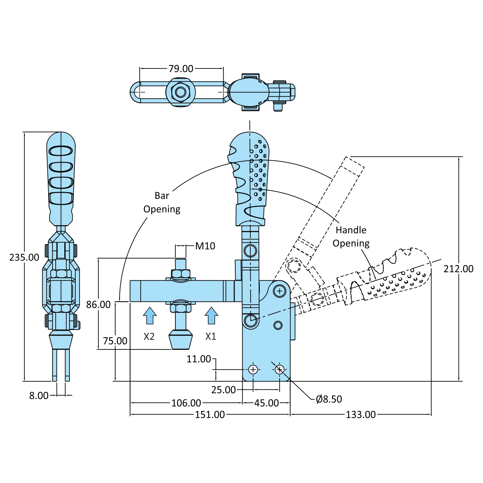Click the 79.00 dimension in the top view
tap(181, 69)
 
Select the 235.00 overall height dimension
tap(24, 257)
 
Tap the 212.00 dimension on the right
tap(458, 269)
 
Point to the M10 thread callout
tap(205, 246)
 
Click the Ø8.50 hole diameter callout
tap(329, 399)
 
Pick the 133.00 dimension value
tap(360, 414)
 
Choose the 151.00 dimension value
tap(210, 414)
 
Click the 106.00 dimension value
tap(186, 403)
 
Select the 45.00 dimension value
tap(266, 403)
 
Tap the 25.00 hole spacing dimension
tap(223, 390)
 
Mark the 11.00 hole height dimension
tap(199, 359)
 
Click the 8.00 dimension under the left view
tap(39, 395)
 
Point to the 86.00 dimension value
tap(98, 304)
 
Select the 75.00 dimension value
tap(115, 341)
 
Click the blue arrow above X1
tap(211, 315)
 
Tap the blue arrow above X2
tap(150, 315)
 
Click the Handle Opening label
tap(351, 237)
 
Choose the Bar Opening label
tap(162, 202)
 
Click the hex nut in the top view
tap(181, 92)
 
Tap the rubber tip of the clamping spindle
tap(181, 341)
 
